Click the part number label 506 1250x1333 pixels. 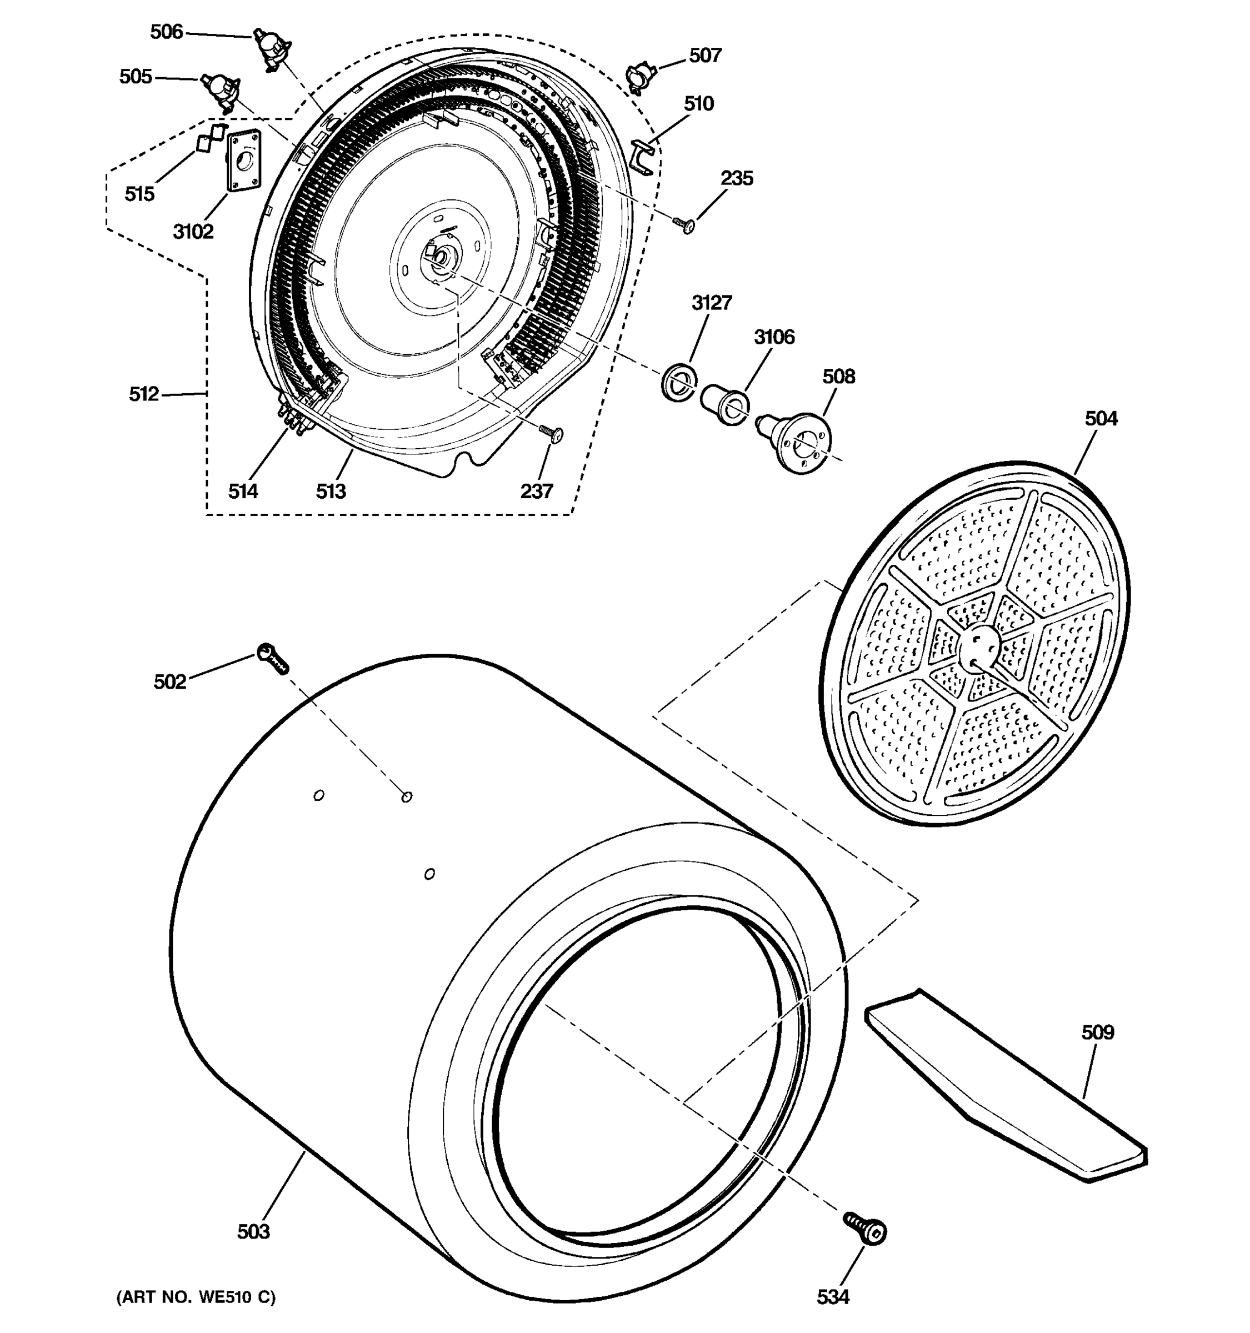tap(166, 32)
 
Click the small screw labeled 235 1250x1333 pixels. tap(684, 224)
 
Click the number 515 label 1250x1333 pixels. tap(139, 194)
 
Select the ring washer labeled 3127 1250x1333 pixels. tap(679, 382)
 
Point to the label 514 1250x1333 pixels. tap(243, 492)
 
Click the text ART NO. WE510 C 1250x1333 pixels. tap(196, 1297)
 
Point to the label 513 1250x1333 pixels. tap(331, 492)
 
